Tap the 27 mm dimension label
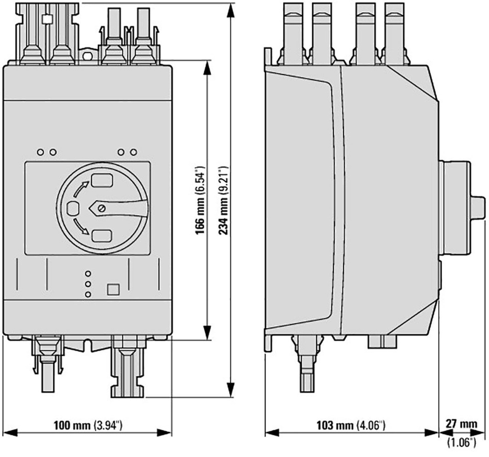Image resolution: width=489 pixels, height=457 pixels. click(x=461, y=424)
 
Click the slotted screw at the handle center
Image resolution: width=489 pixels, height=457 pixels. click(x=101, y=208)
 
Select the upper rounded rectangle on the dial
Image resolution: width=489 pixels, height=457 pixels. click(x=101, y=180)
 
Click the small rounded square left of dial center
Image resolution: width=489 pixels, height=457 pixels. click(x=73, y=208)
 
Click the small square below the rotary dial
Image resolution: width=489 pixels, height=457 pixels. click(x=114, y=289)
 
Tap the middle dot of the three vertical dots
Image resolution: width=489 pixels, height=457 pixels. click(x=87, y=284)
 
